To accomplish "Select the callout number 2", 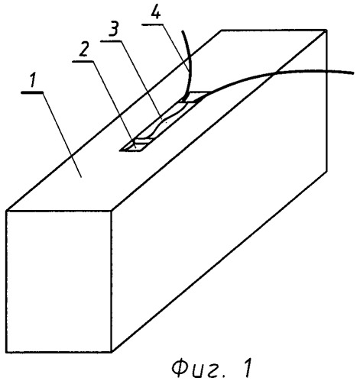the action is point(83,50).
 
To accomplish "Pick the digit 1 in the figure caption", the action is point(248,368).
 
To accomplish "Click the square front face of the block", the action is point(59,282).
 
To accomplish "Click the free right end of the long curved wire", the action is point(353,73).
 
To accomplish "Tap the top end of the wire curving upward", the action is point(183,31).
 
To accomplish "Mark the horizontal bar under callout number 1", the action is point(32,92).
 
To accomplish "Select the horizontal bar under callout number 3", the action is point(111,40).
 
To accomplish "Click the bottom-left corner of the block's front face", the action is point(6,353).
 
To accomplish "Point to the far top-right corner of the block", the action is point(326,31).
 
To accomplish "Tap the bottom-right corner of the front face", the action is point(112,353).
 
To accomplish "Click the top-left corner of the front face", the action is point(6,211).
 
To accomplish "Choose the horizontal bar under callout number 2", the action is point(83,61).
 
